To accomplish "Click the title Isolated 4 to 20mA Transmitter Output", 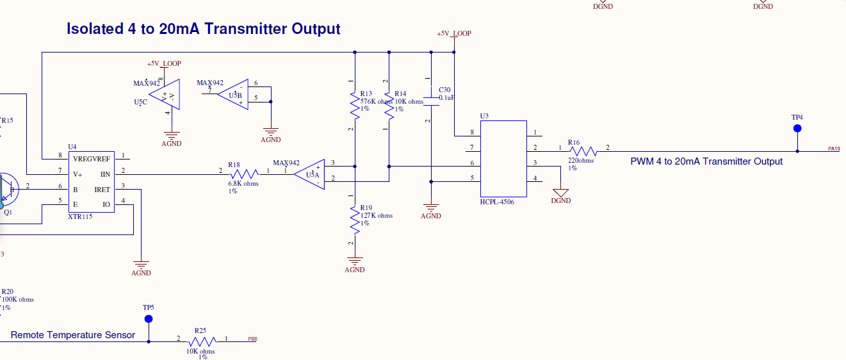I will point(204,29).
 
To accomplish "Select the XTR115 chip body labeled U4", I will point(92,181).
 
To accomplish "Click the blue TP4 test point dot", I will point(797,129).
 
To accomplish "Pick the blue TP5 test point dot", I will point(149,318).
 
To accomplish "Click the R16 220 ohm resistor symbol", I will point(582,151).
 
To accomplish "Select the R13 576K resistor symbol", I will point(354,104).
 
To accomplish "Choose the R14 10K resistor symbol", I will point(389,104).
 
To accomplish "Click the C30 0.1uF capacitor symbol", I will point(431,99).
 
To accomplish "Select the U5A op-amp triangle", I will point(311,174).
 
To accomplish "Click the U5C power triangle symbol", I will point(169,95).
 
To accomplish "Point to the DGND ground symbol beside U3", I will point(561,192).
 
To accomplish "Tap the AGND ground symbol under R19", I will point(354,261).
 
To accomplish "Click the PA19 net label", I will point(833,149).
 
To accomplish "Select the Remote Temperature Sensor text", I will point(73,335).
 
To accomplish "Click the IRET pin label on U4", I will point(102,190).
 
